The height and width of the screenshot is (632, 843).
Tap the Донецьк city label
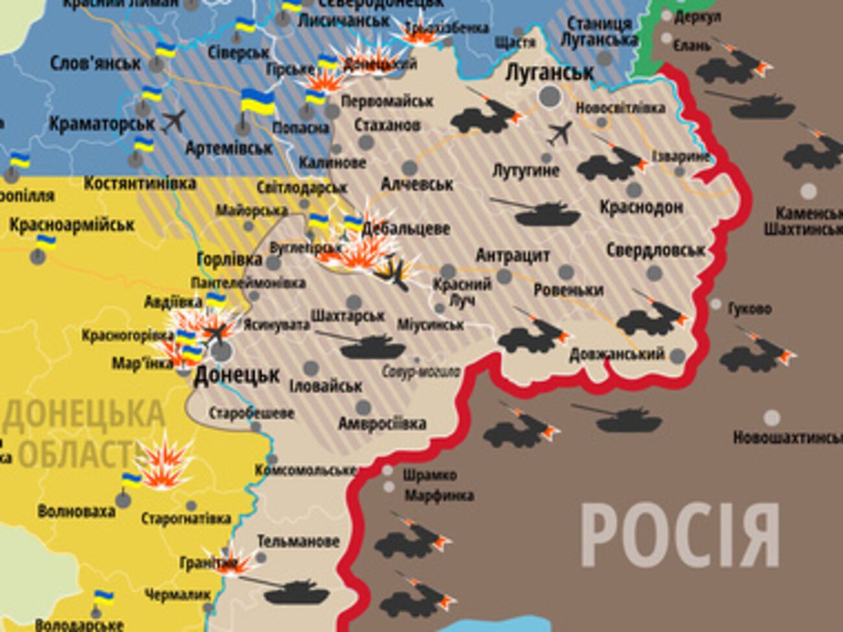[237, 375]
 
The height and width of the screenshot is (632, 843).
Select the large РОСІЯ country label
[680, 536]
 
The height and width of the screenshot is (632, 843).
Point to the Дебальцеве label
[406, 228]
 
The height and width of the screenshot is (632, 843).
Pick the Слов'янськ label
[95, 64]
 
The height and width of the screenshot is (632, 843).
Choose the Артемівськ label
[229, 148]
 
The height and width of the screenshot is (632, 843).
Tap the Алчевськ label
[417, 184]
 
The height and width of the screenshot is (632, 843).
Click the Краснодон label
[641, 207]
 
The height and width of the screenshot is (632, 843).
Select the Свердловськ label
[656, 250]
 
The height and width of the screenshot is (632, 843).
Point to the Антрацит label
[512, 255]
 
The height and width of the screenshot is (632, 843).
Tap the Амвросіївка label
[382, 424]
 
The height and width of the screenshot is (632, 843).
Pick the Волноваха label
[76, 511]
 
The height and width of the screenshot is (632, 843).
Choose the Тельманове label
[298, 541]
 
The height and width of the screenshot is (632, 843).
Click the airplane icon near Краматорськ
[173, 121]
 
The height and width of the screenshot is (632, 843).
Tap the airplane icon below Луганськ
[560, 134]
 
